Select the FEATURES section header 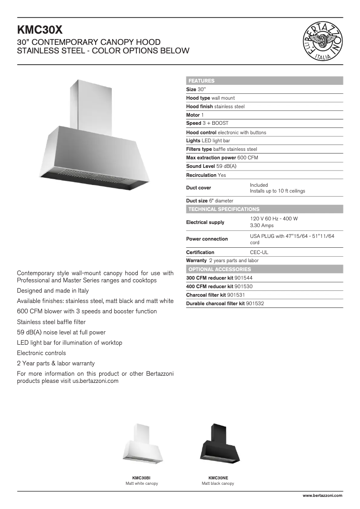tap(202, 81)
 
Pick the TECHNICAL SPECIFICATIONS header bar tap(224, 209)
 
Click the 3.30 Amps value tap(262, 226)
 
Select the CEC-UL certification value tap(259, 252)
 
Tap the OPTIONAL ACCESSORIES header tap(220, 269)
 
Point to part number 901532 tap(255, 303)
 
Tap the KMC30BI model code tap(141, 478)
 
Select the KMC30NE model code tap(218, 478)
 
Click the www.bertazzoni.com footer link tap(322, 496)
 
